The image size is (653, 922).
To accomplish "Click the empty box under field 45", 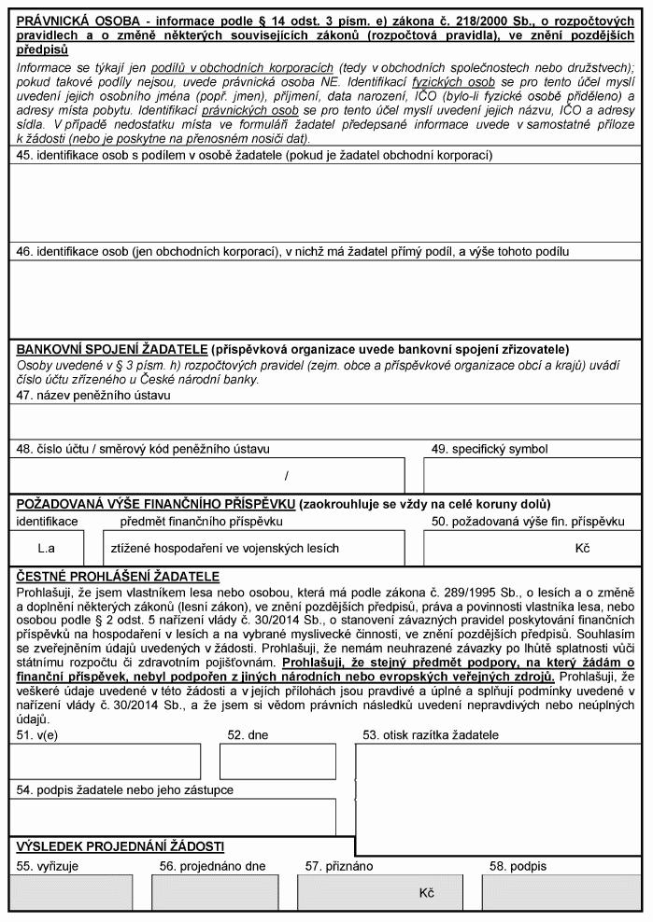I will [x=325, y=203].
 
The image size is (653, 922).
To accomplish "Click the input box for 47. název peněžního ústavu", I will [x=325, y=421].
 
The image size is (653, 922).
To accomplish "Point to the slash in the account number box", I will [x=287, y=475].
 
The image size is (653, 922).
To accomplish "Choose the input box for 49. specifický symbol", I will [x=532, y=474].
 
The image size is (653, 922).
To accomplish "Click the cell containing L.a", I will [x=46, y=548].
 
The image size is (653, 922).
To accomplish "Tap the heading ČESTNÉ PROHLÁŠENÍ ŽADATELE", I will [x=118, y=577].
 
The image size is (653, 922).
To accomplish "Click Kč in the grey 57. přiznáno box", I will [x=427, y=892].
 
